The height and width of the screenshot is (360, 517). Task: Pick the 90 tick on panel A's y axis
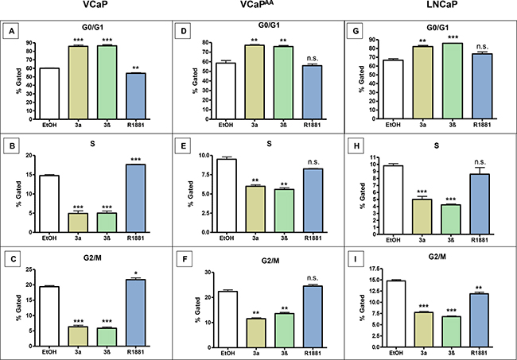(x=29, y=43)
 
